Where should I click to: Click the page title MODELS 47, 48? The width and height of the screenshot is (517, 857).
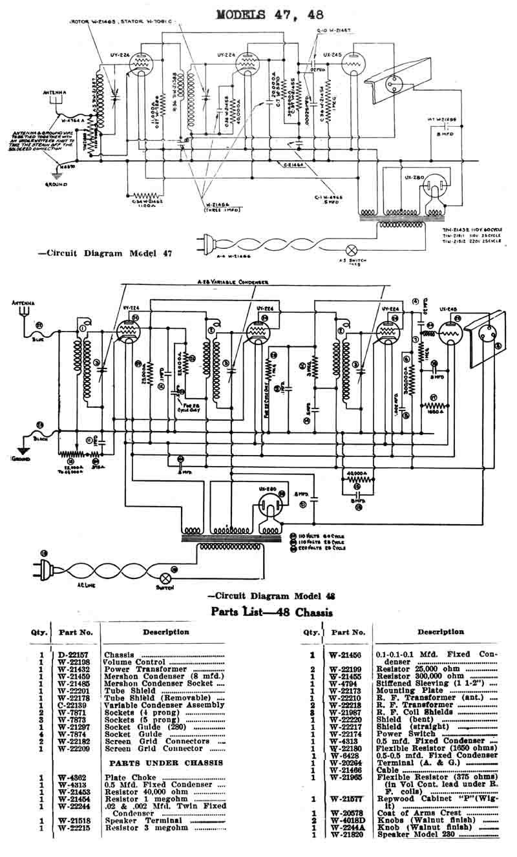click(x=269, y=14)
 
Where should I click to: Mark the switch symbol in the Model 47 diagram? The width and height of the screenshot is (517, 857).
click(x=352, y=248)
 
